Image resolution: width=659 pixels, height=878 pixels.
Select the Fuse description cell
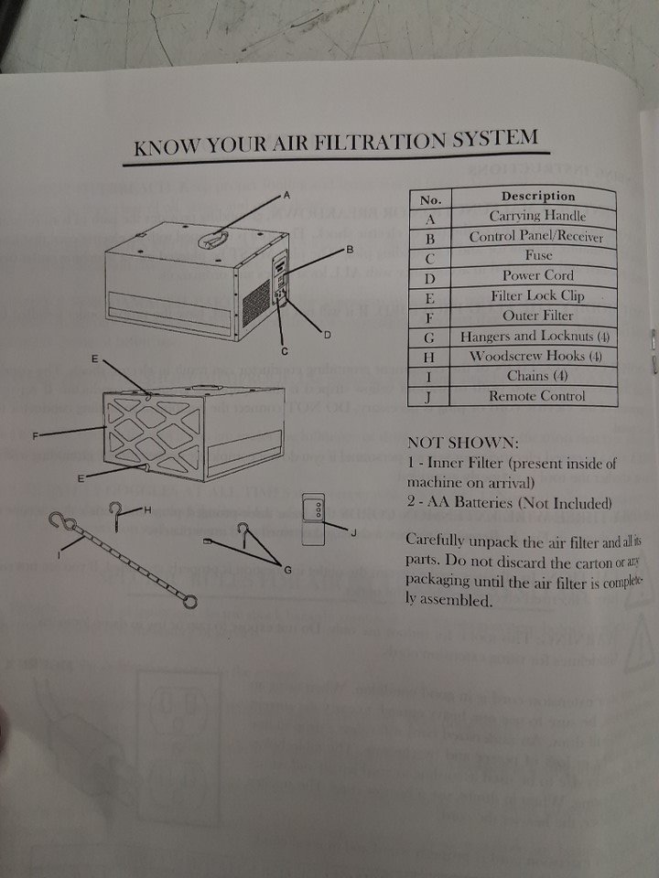click(x=537, y=256)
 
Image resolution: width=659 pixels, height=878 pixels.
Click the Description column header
click(x=537, y=196)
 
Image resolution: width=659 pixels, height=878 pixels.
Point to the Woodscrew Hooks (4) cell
click(x=535, y=356)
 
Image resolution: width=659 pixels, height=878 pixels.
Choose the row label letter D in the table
click(x=430, y=278)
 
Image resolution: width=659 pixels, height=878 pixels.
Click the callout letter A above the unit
click(x=286, y=196)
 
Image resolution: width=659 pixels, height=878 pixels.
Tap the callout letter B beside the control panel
click(x=350, y=249)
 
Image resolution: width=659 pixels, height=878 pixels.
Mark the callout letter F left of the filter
click(x=35, y=435)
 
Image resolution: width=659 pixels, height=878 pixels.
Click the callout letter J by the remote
click(x=353, y=532)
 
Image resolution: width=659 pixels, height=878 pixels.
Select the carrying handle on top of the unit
click(x=213, y=240)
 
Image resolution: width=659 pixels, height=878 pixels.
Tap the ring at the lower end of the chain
click(x=190, y=602)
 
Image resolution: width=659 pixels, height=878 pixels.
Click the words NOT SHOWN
click(x=463, y=443)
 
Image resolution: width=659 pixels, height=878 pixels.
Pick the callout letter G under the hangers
click(x=288, y=570)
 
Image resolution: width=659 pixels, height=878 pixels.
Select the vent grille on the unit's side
click(x=255, y=303)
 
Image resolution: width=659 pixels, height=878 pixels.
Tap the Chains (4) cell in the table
click(x=535, y=376)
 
